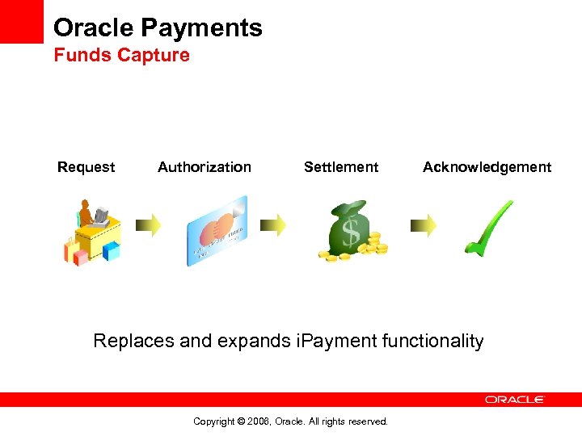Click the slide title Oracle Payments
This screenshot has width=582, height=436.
[x=158, y=28]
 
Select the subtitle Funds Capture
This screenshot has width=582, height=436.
[x=121, y=56]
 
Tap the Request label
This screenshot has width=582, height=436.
[x=86, y=167]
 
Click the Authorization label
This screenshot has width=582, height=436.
[x=205, y=167]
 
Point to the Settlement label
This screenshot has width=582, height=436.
[x=340, y=167]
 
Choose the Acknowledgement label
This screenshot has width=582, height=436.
[x=487, y=167]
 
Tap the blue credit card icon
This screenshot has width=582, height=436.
[x=217, y=230]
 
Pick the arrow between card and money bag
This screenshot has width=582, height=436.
[x=272, y=224]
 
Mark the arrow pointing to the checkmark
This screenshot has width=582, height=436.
[x=423, y=224]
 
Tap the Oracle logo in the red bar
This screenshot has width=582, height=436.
[x=515, y=400]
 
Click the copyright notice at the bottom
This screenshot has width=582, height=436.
[x=291, y=421]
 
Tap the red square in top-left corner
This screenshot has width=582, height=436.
[x=21, y=21]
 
